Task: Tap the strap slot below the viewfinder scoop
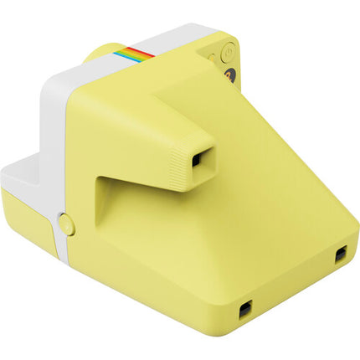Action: tap(244, 311)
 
